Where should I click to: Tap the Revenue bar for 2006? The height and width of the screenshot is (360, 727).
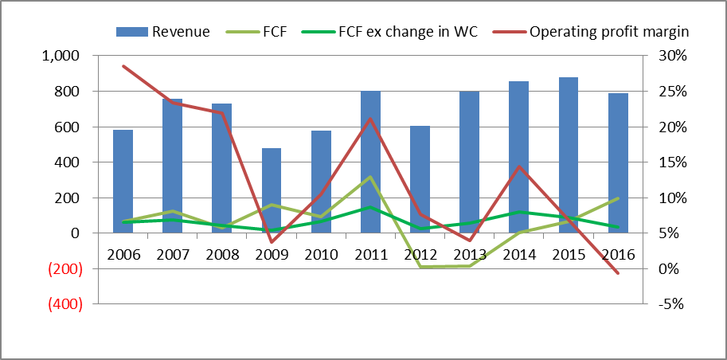pyautogui.click(x=123, y=181)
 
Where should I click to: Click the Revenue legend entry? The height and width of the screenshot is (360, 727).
pyautogui.click(x=163, y=32)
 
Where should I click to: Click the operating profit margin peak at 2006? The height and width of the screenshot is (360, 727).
pyautogui.click(x=123, y=66)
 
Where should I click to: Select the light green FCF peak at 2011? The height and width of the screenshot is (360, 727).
pyautogui.click(x=370, y=177)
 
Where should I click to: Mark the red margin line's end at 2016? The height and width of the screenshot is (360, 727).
pyautogui.click(x=618, y=274)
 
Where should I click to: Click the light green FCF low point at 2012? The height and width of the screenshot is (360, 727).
pyautogui.click(x=420, y=267)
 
